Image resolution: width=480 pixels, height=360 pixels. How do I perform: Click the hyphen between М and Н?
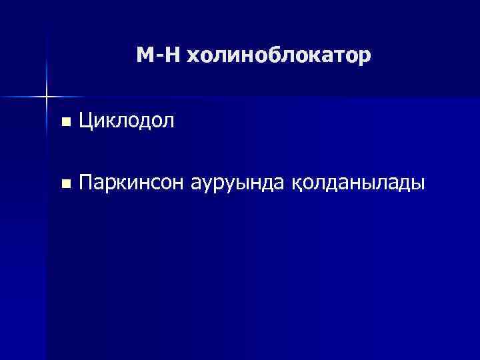point(159,57)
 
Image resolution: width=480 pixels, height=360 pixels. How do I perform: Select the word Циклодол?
point(127,121)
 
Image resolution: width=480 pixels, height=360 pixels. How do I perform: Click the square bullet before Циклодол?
point(64,122)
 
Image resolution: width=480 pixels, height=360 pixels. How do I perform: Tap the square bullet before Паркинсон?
point(64,183)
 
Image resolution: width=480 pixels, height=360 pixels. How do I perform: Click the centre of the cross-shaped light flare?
point(47,97)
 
